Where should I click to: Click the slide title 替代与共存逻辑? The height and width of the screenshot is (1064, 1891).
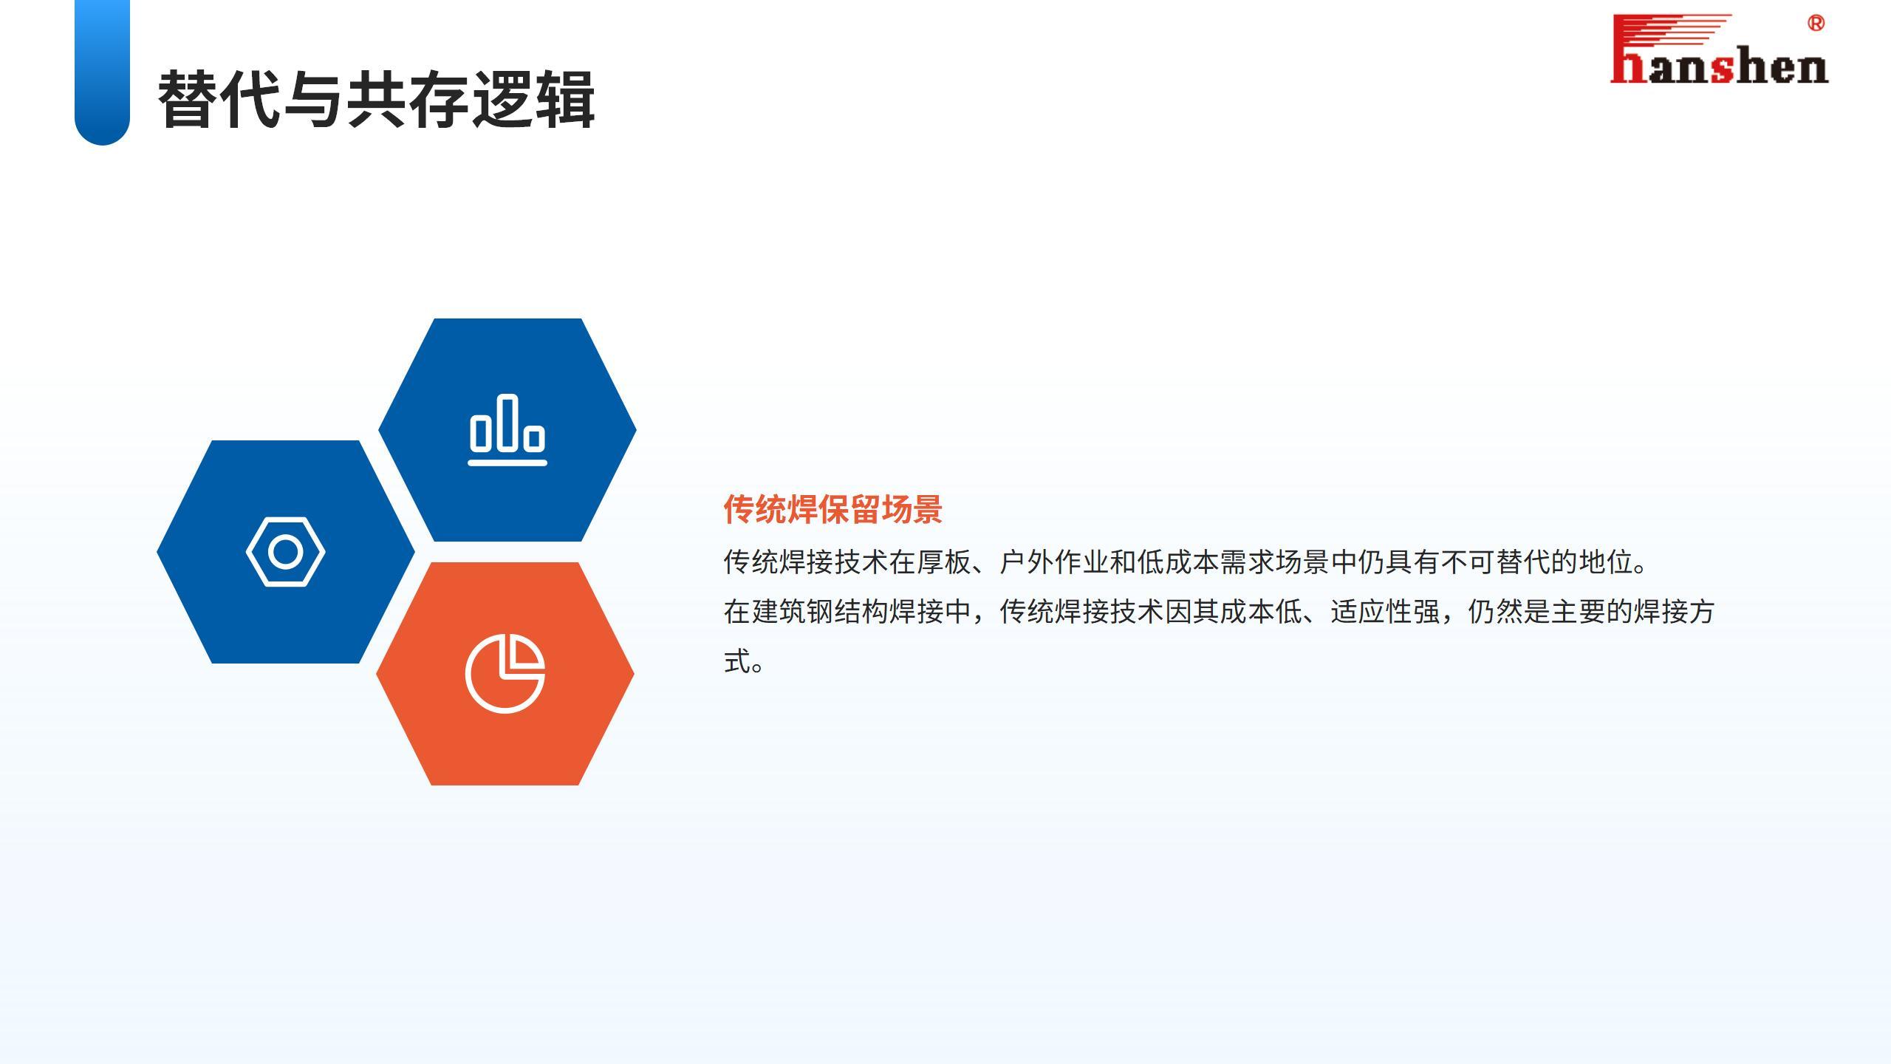tap(376, 100)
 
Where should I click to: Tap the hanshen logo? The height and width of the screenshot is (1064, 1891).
tap(1719, 49)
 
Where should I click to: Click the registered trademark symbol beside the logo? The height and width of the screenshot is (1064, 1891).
tap(1816, 23)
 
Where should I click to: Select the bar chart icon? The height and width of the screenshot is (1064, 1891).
tap(507, 430)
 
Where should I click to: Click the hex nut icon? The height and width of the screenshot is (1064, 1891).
tap(286, 552)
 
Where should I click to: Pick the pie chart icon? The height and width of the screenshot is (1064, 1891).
tap(505, 673)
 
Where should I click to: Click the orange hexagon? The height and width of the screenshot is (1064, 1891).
tap(505, 673)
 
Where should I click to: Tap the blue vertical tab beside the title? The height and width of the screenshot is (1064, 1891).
tap(102, 72)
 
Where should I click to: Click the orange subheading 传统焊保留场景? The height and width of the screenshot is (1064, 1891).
tap(832, 509)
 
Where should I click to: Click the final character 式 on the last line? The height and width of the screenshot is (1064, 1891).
tap(737, 661)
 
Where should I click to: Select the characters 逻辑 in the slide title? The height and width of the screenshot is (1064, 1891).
tap(533, 100)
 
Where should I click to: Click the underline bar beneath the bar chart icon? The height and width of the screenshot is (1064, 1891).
tap(507, 463)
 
